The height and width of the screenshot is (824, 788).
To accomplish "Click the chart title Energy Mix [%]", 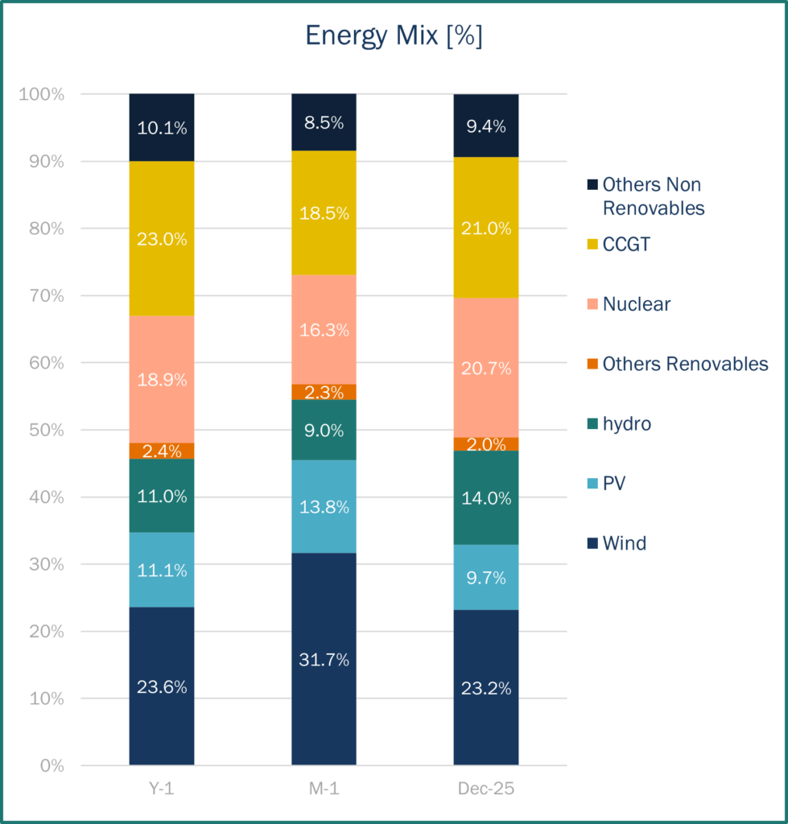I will pos(394,36).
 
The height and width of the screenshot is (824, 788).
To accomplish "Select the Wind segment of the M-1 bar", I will pos(324,659).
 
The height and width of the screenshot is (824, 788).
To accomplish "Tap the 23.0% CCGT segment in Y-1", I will pos(162,238).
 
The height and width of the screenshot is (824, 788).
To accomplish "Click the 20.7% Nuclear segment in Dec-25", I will pos(486,368).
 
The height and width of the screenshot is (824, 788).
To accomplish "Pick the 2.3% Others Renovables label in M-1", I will pos(324,393).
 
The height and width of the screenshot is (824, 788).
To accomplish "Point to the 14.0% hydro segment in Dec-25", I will pos(486,497).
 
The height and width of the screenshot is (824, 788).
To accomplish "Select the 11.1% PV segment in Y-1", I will pos(162,570).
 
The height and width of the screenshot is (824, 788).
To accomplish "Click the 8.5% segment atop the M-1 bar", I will pos(324,122).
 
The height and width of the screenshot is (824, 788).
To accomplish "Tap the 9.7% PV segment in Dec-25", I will pos(486,577).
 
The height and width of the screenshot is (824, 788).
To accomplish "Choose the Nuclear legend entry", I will pos(636,304).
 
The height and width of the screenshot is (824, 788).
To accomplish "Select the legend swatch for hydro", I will pos(592,424).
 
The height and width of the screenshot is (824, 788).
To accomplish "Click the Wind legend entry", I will pos(624,543).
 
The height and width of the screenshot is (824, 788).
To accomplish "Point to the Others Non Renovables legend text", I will pos(653,196).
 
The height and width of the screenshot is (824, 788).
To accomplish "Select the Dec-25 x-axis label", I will pos(486,789).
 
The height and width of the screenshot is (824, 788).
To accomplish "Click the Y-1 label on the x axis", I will pos(162,789).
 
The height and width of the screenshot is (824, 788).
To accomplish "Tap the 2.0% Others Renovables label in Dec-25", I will pos(486,444).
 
